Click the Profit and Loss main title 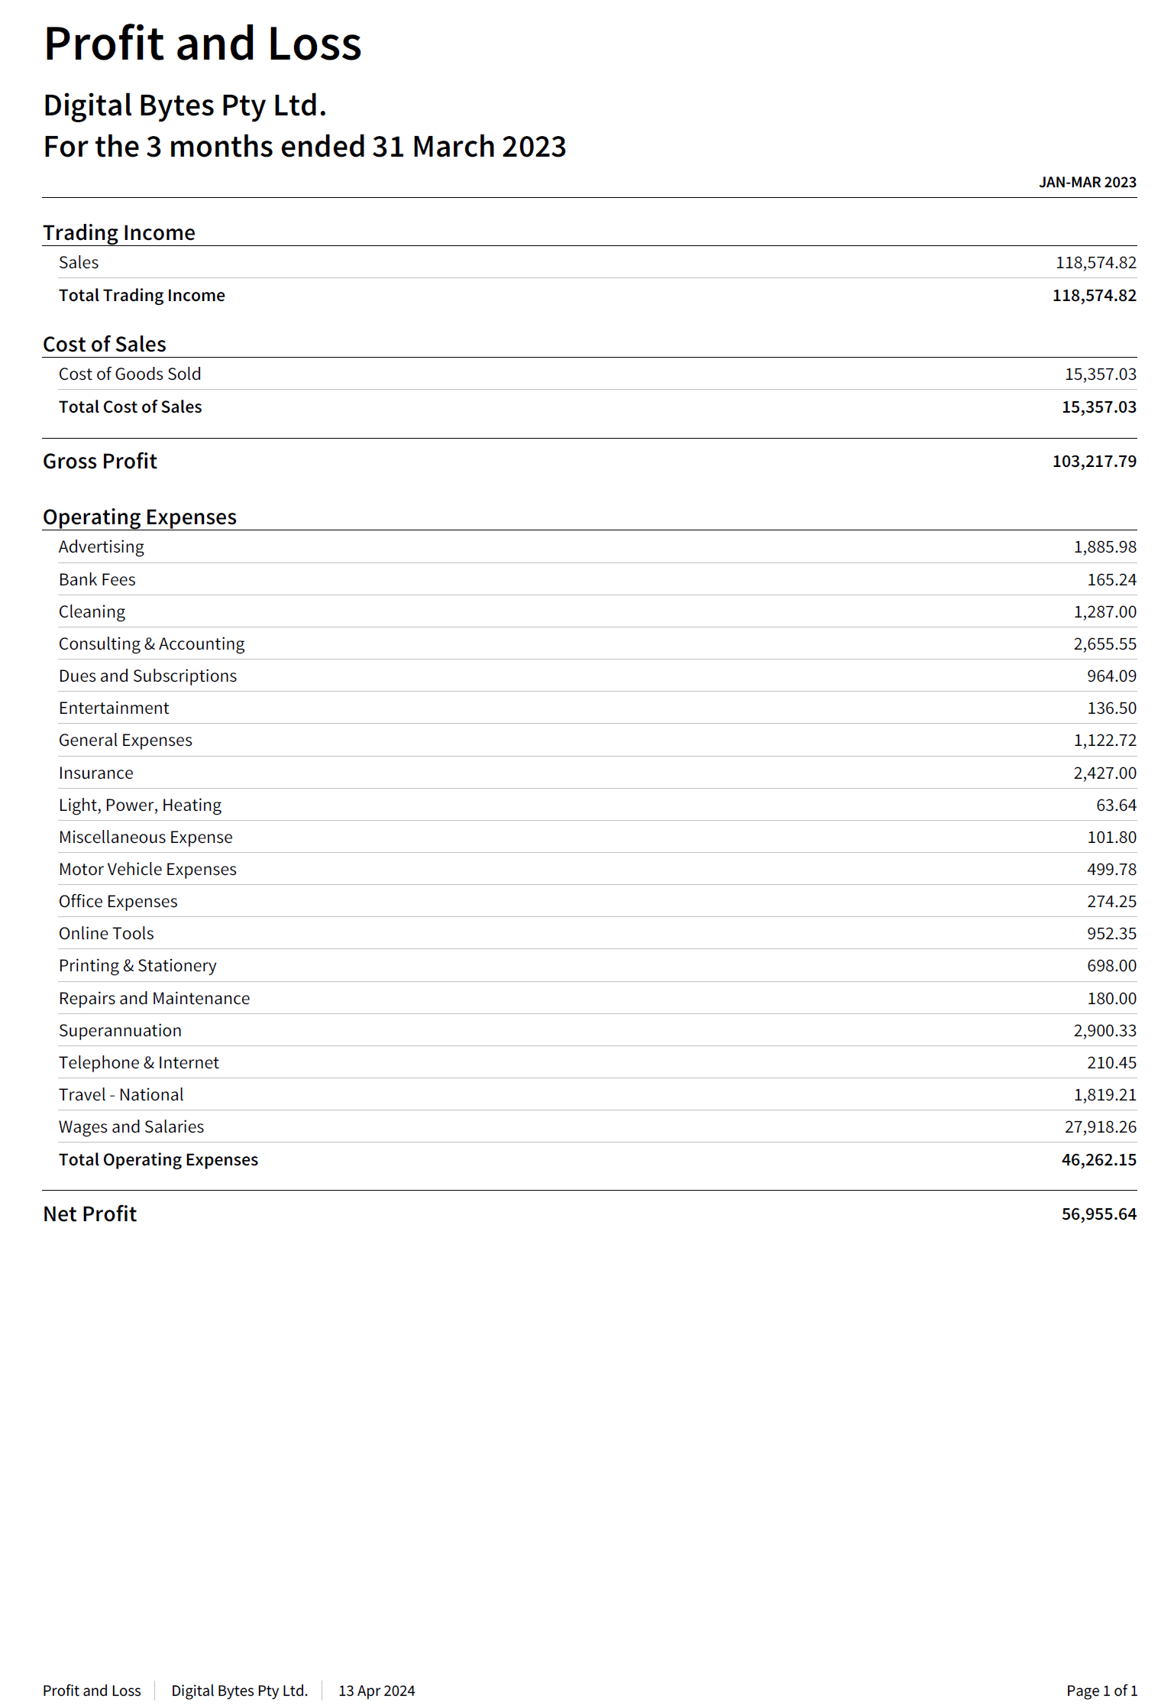point(202,44)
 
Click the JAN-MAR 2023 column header point(1087,183)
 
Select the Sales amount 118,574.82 point(1095,263)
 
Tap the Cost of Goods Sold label point(130,374)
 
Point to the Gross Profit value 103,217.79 point(1094,462)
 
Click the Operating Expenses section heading point(140,517)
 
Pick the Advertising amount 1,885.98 point(1104,547)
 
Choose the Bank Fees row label point(97,580)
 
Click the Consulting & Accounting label point(151,644)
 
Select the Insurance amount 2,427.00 point(1104,773)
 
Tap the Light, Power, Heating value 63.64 point(1116,805)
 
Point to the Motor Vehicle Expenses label point(147,870)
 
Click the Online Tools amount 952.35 point(1111,934)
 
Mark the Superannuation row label point(120,1031)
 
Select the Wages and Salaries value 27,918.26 point(1100,1127)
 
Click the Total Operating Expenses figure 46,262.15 point(1098,1160)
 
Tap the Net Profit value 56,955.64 point(1098,1214)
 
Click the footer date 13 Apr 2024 point(377,1690)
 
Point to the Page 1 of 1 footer point(1101,1690)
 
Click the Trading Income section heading point(119,233)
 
